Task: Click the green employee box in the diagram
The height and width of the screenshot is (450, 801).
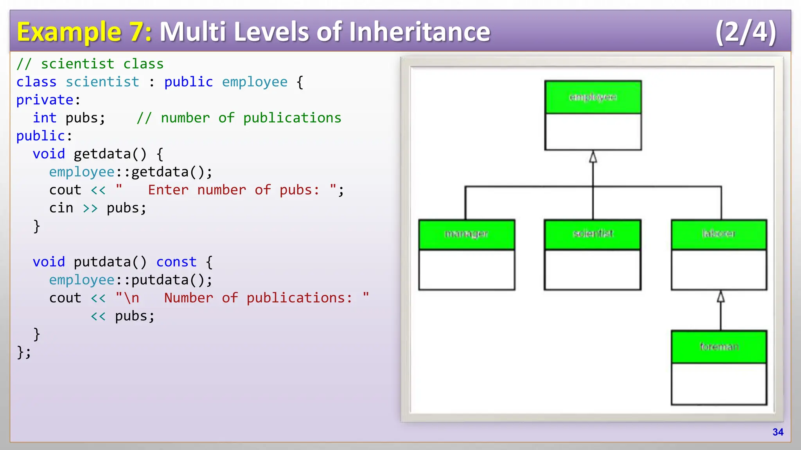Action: click(593, 97)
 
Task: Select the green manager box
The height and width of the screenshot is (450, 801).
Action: click(467, 234)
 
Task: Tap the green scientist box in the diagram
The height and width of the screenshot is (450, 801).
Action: click(593, 234)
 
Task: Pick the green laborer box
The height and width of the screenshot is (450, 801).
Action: click(719, 234)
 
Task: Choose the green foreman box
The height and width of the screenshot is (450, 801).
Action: click(719, 347)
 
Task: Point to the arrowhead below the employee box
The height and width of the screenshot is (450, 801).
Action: click(593, 157)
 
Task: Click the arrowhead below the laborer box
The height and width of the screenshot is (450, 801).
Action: click(721, 297)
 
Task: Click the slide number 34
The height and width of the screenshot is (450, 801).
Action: click(778, 432)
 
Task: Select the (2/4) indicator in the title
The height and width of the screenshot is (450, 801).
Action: click(745, 32)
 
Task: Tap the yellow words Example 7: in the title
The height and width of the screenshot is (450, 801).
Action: click(84, 32)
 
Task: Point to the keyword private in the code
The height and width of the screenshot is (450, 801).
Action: click(45, 100)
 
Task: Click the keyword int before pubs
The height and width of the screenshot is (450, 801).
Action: click(45, 118)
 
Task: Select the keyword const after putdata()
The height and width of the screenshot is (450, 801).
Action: click(176, 262)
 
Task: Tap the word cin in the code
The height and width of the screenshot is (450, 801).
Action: click(61, 208)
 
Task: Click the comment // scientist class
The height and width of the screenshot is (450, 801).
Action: click(90, 64)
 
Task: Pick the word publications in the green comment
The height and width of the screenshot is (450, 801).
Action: click(292, 118)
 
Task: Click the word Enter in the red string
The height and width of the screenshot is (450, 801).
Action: click(168, 190)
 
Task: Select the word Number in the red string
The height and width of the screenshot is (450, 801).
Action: click(189, 298)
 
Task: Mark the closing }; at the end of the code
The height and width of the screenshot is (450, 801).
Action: click(24, 352)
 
